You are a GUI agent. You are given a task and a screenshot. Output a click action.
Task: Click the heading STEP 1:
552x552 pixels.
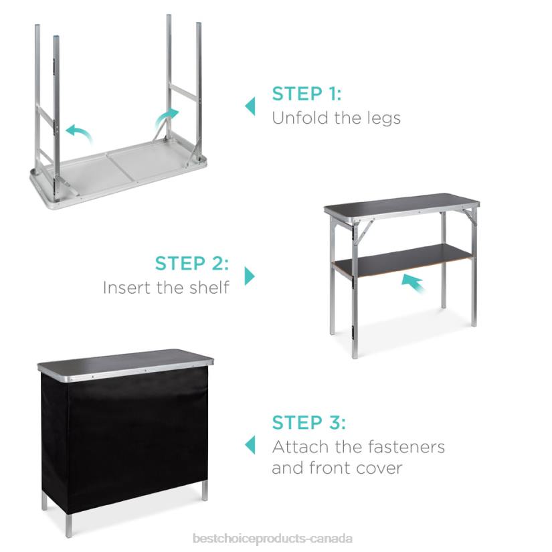coord(306,94)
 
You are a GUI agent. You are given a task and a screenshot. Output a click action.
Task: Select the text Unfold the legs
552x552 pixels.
coord(336,118)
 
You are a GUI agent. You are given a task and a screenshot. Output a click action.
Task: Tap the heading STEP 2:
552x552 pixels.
coord(192,263)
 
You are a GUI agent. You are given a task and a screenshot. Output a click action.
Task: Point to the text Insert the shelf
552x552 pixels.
coord(166,288)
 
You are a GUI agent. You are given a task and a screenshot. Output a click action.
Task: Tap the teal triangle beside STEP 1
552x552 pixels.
coord(250,106)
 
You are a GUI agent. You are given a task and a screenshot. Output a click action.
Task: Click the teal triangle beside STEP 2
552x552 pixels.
coord(250,276)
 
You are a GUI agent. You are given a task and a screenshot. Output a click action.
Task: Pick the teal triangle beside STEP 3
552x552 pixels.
coord(250,445)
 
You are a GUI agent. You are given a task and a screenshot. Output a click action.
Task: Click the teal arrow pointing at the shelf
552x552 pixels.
coord(414,284)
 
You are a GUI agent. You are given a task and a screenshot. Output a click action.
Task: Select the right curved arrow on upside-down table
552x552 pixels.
coord(167,118)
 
